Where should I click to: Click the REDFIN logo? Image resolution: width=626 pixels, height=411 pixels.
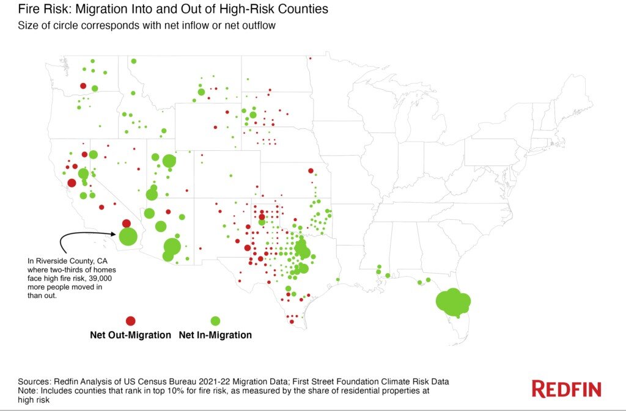566,389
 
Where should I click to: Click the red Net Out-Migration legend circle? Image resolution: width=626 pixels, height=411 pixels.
130,321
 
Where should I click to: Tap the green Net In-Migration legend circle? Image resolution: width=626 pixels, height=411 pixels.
215,321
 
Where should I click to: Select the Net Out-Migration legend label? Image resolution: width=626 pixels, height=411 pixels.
130,335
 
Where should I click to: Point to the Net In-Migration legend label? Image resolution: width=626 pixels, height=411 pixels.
215,335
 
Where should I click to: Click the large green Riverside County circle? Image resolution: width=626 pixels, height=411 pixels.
128,236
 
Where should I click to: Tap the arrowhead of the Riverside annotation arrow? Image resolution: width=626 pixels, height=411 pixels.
114,233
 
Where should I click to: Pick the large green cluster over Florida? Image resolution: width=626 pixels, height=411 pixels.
453,302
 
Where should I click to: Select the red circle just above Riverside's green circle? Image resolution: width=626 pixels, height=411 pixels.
126,224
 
